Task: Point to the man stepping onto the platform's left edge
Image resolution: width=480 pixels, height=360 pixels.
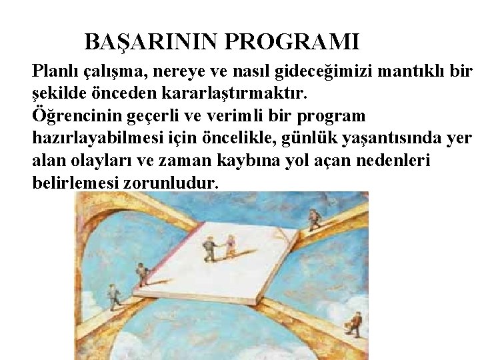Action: pos(141,273)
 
